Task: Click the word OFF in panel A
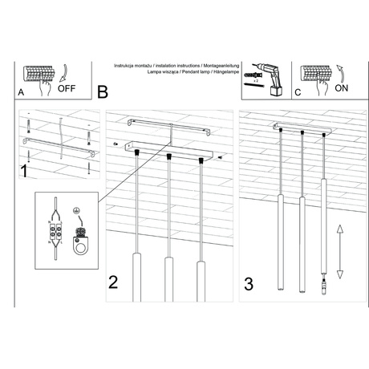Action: (69, 91)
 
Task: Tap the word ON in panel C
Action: (341, 91)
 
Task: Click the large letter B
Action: (102, 93)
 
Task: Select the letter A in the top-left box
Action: (21, 92)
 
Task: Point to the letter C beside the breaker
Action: (297, 92)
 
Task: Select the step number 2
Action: (114, 282)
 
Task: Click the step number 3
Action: (249, 282)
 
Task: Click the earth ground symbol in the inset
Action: (75, 211)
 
